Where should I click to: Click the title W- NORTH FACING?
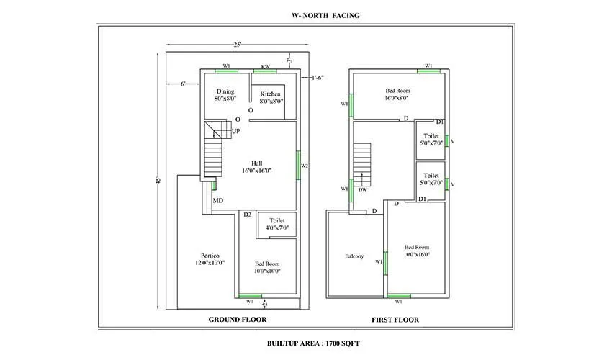coord(305,14)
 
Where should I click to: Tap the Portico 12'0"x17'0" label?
coord(210,259)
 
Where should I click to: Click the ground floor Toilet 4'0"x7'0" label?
coord(276,224)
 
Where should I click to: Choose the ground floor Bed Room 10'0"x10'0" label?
coord(266,268)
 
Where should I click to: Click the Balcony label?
coord(354,256)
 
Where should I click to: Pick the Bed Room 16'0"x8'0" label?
coord(397,94)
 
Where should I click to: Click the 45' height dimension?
coord(159,179)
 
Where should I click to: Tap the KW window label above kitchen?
coord(265,66)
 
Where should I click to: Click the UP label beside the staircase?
coord(235,131)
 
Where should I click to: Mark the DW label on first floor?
coord(363,190)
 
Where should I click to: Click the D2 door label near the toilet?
coord(247,215)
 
